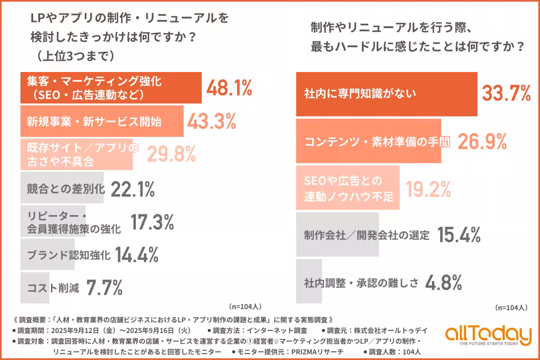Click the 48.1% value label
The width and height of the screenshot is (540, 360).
(229, 88)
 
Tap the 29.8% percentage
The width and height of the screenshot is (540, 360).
(171, 154)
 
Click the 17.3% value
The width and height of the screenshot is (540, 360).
(152, 222)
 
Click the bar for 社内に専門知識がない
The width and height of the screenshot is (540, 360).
(386, 94)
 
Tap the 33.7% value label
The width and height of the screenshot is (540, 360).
(506, 94)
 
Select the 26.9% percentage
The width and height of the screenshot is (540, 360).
(482, 141)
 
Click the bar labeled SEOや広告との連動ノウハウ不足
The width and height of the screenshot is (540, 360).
(347, 188)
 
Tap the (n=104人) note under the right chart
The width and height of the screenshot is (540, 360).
(511, 308)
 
